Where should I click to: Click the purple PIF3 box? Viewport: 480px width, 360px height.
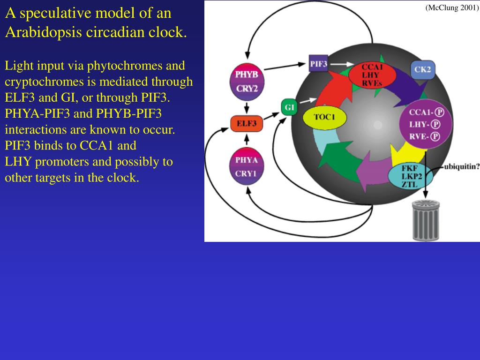tap(318, 63)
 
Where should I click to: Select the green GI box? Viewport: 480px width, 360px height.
tap(289, 107)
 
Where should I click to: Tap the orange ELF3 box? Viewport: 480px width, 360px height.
tap(247, 124)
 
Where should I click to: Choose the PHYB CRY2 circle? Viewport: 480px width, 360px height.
tap(247, 81)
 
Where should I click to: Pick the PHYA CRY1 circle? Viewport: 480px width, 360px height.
tap(247, 166)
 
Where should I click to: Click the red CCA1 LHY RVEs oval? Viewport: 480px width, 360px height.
tap(372, 75)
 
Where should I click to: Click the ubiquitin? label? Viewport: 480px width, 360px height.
tap(461, 166)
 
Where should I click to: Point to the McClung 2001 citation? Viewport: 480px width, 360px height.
tap(451, 7)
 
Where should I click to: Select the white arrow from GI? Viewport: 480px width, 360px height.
tap(307, 100)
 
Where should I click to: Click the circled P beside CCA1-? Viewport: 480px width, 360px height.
tap(439, 112)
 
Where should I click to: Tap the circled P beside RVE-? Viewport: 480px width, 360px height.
tap(435, 136)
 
